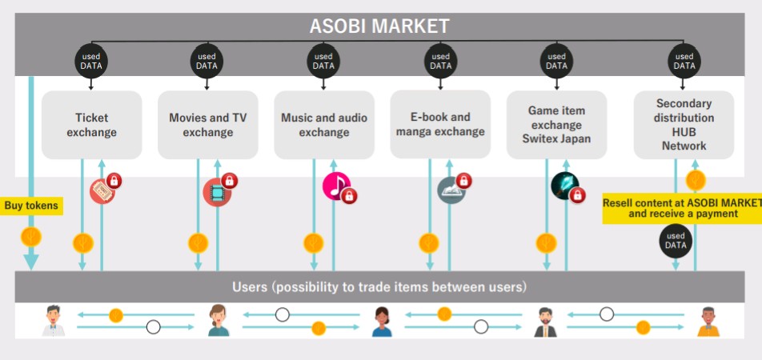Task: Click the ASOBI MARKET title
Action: point(379,26)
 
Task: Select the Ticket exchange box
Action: point(92,125)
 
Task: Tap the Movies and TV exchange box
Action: point(208,125)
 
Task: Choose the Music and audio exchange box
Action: point(324,125)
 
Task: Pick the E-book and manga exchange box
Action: point(440,124)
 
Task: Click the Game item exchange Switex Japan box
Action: point(556,125)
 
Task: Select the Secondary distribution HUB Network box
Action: point(684,125)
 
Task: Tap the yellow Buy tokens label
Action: point(31,206)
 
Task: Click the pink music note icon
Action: point(336,186)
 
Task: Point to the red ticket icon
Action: point(102,191)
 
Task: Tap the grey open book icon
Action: point(451,190)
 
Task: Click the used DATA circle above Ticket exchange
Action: point(91,62)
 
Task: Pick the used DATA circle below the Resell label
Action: point(676,241)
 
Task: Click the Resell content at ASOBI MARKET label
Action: point(682,208)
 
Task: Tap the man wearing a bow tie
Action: point(54,321)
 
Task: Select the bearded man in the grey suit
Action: point(545,322)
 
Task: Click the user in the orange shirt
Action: point(708,322)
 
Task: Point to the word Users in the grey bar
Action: point(250,287)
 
